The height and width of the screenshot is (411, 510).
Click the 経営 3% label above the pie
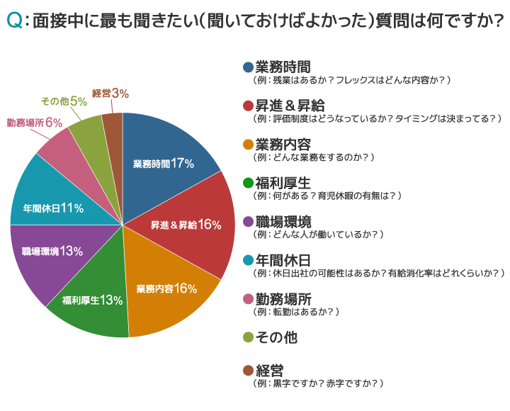(110, 94)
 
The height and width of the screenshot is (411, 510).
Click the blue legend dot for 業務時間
(247, 67)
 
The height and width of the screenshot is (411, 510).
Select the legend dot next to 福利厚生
(247, 183)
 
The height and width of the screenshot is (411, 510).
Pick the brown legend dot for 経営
(247, 371)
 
